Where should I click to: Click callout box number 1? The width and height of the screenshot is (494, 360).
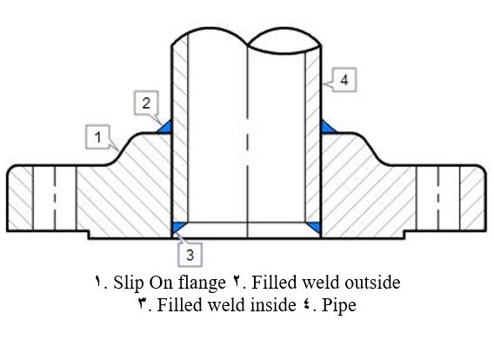(98, 137)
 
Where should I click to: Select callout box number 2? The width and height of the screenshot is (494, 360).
(146, 103)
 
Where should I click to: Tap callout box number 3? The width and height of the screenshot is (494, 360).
(190, 255)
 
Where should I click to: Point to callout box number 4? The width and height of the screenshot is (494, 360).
(344, 80)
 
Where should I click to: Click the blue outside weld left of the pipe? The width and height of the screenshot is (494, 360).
(166, 127)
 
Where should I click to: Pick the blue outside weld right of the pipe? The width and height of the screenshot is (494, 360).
(327, 127)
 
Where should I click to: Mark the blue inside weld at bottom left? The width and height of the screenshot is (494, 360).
(177, 227)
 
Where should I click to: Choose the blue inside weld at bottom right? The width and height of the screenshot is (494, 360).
(315, 227)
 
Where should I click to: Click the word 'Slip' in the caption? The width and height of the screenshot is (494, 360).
(128, 283)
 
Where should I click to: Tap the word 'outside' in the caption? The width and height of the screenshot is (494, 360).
(372, 283)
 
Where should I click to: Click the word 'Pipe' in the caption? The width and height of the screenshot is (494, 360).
(339, 305)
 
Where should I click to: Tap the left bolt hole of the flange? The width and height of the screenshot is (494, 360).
(55, 198)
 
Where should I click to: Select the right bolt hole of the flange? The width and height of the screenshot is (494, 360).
(437, 198)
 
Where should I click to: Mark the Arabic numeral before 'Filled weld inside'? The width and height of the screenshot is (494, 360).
(143, 304)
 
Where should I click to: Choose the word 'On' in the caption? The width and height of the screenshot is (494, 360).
(160, 283)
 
